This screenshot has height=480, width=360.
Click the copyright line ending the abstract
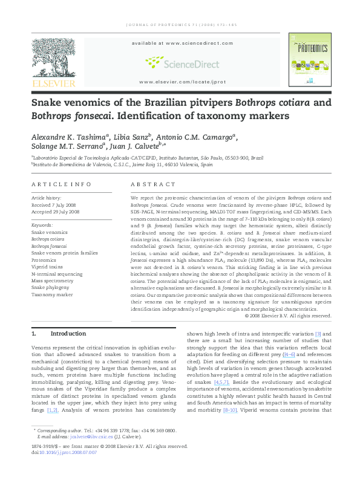pyautogui.click(x=287, y=316)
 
